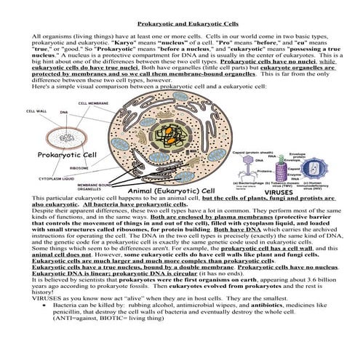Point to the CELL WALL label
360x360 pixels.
(x=36, y=112)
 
